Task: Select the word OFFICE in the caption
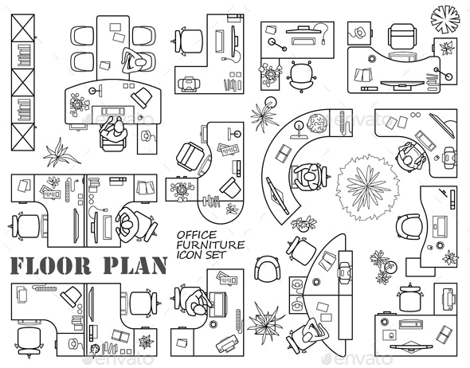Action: coord(196,234)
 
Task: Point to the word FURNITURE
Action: coord(210,245)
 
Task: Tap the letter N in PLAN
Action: coord(158,265)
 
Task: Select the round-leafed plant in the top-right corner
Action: coord(445,18)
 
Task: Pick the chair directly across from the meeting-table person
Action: coord(82,61)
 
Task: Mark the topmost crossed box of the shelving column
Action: coord(23,27)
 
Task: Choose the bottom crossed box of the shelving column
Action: coord(23,135)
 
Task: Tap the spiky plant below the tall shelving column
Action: coord(58,151)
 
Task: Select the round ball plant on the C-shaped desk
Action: coord(318,123)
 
